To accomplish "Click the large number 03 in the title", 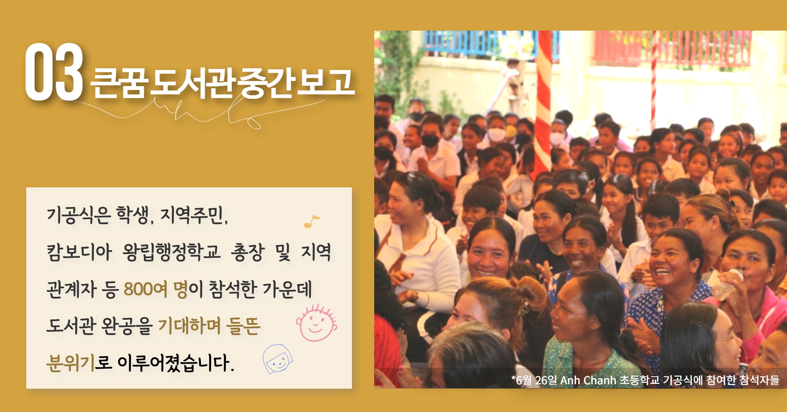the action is [x=54, y=71].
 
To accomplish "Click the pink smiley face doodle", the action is [x=316, y=323].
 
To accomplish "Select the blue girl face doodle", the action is [x=278, y=359].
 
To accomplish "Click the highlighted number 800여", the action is [x=145, y=289].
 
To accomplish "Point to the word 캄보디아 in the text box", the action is [x=79, y=252].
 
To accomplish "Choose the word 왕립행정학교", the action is [x=171, y=252].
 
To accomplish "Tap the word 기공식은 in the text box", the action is [x=78, y=215].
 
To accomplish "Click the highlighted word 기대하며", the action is [x=189, y=326].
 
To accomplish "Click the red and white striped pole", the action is [x=543, y=102].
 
